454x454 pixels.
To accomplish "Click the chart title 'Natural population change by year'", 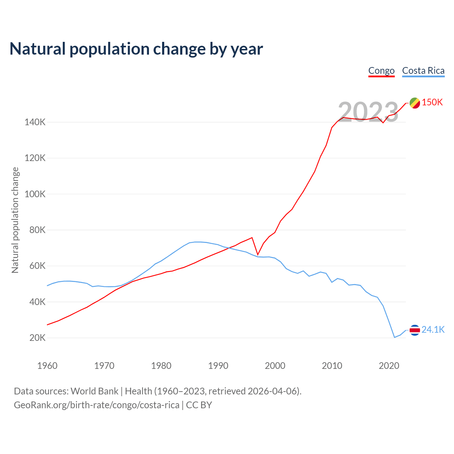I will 136,49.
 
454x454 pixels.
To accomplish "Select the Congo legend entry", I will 381,71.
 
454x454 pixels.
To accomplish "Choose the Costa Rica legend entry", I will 423,71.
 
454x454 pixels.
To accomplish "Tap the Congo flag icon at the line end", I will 415,103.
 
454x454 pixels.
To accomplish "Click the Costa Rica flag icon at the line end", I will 415,330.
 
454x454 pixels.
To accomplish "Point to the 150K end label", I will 432,103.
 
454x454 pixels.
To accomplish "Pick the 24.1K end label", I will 433,330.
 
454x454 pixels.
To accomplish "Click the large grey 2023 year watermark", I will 368,112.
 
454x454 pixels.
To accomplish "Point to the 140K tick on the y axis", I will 35,122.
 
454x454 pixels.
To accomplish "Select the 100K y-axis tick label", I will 35,194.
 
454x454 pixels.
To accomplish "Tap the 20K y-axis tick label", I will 37,338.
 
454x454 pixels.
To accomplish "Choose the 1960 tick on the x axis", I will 47,366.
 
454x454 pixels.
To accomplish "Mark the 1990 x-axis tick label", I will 218,366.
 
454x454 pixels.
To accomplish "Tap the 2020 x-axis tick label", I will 389,366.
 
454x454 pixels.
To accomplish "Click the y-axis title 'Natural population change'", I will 15,220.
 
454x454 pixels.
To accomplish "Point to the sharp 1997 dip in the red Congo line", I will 258,255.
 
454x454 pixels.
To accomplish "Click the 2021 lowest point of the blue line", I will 394,337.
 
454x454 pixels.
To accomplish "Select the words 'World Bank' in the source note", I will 94,391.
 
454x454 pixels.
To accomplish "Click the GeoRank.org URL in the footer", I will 96,405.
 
